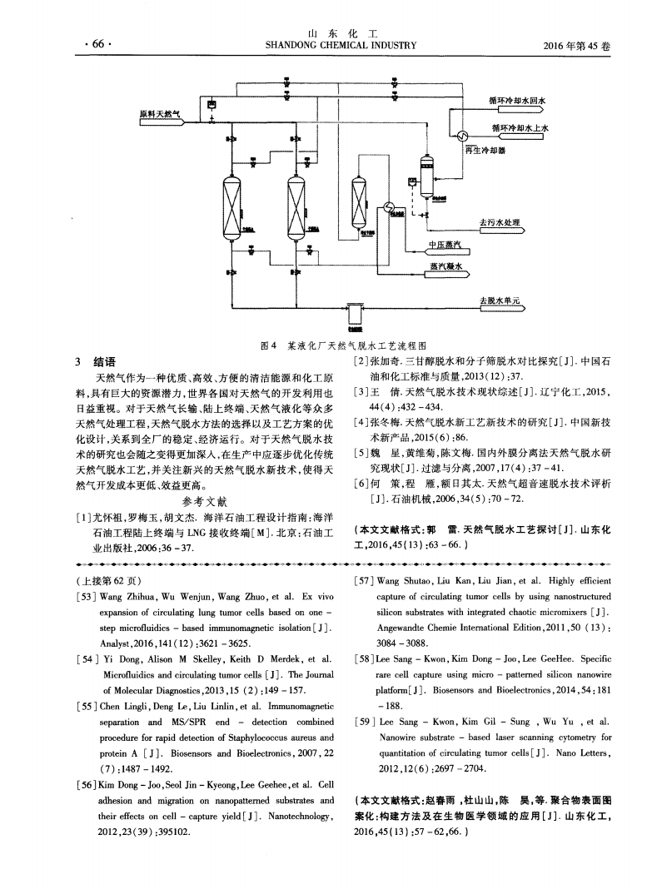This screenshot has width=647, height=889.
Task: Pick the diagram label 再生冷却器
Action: (x=485, y=150)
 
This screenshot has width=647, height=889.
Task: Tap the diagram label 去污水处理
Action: (x=498, y=223)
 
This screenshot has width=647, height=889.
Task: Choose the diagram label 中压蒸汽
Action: (x=444, y=245)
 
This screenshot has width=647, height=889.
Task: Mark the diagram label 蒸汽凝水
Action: (x=445, y=267)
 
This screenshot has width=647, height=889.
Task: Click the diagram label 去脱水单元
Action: (x=500, y=300)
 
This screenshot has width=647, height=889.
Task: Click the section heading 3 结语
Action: (x=95, y=361)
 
